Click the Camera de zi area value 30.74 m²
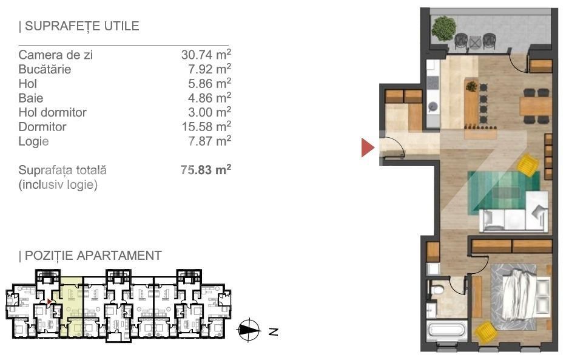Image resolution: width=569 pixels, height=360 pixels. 206,55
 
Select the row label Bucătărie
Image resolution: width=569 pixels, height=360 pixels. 45,69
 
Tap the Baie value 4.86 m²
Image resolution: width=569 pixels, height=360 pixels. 209,98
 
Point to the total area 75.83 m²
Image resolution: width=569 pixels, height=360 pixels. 206,169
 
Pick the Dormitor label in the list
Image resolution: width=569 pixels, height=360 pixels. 42,127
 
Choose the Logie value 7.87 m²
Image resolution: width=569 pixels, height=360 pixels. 209,141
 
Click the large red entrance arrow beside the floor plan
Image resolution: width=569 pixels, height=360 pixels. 367,148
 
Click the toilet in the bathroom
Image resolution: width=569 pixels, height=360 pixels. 437,290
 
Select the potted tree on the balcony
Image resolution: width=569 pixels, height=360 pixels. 443,29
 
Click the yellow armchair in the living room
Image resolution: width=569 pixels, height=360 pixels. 528,165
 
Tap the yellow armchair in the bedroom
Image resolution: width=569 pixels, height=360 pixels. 485,332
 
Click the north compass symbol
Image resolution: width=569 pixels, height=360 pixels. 249,330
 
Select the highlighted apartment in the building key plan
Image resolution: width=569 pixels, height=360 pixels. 71,305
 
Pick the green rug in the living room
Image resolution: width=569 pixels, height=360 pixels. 503,192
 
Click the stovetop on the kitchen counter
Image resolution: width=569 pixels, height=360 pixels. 433,83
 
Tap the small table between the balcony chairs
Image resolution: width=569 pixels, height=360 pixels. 474,42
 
